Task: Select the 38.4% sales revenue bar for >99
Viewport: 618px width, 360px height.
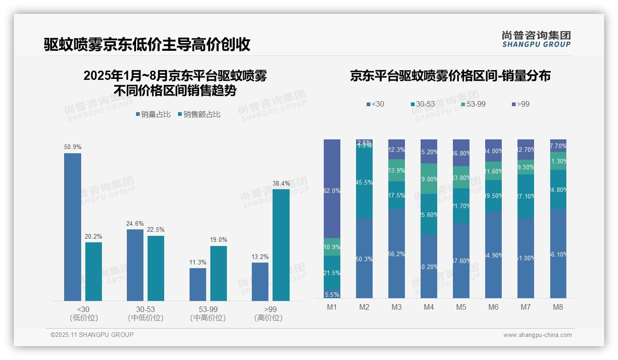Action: coord(281,245)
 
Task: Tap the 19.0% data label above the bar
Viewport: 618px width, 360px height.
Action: coord(219,240)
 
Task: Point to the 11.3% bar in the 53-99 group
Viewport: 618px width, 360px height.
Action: coord(198,284)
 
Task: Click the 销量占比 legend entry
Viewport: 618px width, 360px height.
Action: coord(153,114)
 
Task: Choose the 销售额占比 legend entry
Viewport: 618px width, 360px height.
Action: coord(199,114)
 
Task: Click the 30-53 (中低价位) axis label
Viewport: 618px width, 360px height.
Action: coord(145,313)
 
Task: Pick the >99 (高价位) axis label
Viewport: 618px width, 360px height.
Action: coord(268,313)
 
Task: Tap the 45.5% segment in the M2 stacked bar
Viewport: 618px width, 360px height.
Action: coord(364,183)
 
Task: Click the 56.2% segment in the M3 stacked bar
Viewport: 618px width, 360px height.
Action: coord(397,254)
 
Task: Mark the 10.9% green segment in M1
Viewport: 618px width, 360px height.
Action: coord(332,247)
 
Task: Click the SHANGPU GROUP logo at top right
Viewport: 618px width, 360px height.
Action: coord(536,39)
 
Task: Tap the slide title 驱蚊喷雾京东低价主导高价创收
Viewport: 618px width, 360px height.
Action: coord(147,44)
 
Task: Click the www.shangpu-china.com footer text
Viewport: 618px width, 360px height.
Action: coord(537,335)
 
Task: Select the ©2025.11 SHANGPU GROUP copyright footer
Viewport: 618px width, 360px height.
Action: coord(92,335)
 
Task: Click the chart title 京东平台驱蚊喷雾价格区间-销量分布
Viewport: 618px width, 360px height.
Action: coord(450,76)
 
